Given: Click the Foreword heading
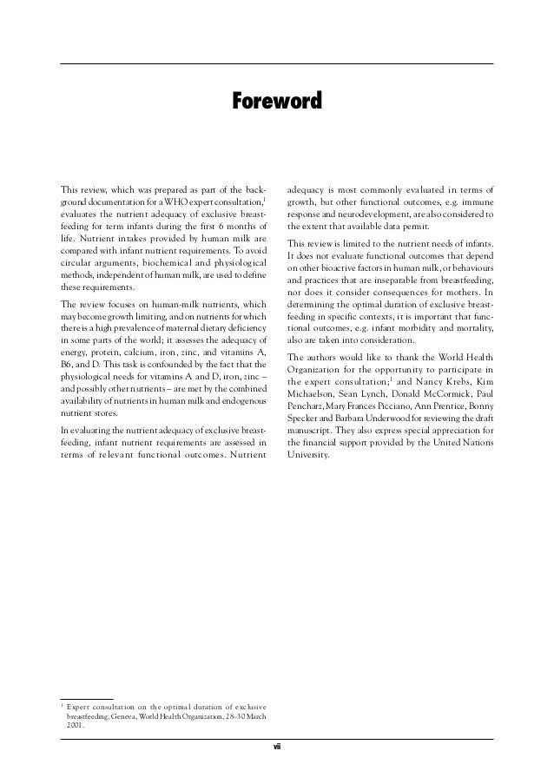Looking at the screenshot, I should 277,102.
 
